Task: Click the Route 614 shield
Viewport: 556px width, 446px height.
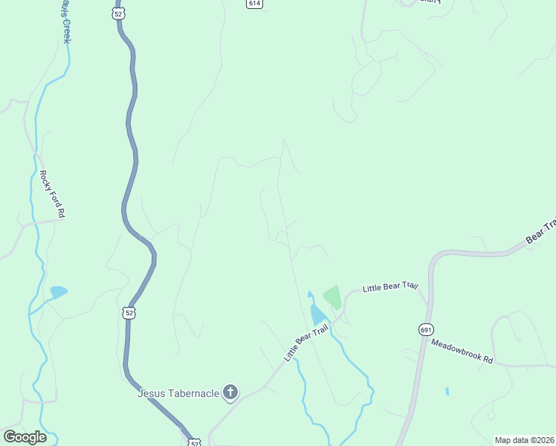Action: coord(254,4)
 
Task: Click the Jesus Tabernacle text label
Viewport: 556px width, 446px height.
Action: coord(178,392)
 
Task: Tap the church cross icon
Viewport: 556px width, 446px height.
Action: coord(230,392)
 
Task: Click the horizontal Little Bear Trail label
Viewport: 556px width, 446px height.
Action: coord(391,286)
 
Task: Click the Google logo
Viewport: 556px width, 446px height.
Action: coord(25,437)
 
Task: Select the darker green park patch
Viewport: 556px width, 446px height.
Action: coord(332,297)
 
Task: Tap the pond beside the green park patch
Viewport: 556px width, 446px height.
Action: coord(317,314)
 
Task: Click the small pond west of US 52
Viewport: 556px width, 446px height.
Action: coord(58,291)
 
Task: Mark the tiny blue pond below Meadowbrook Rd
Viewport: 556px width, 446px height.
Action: coord(447,391)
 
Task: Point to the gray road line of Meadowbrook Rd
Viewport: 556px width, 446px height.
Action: coord(520,365)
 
